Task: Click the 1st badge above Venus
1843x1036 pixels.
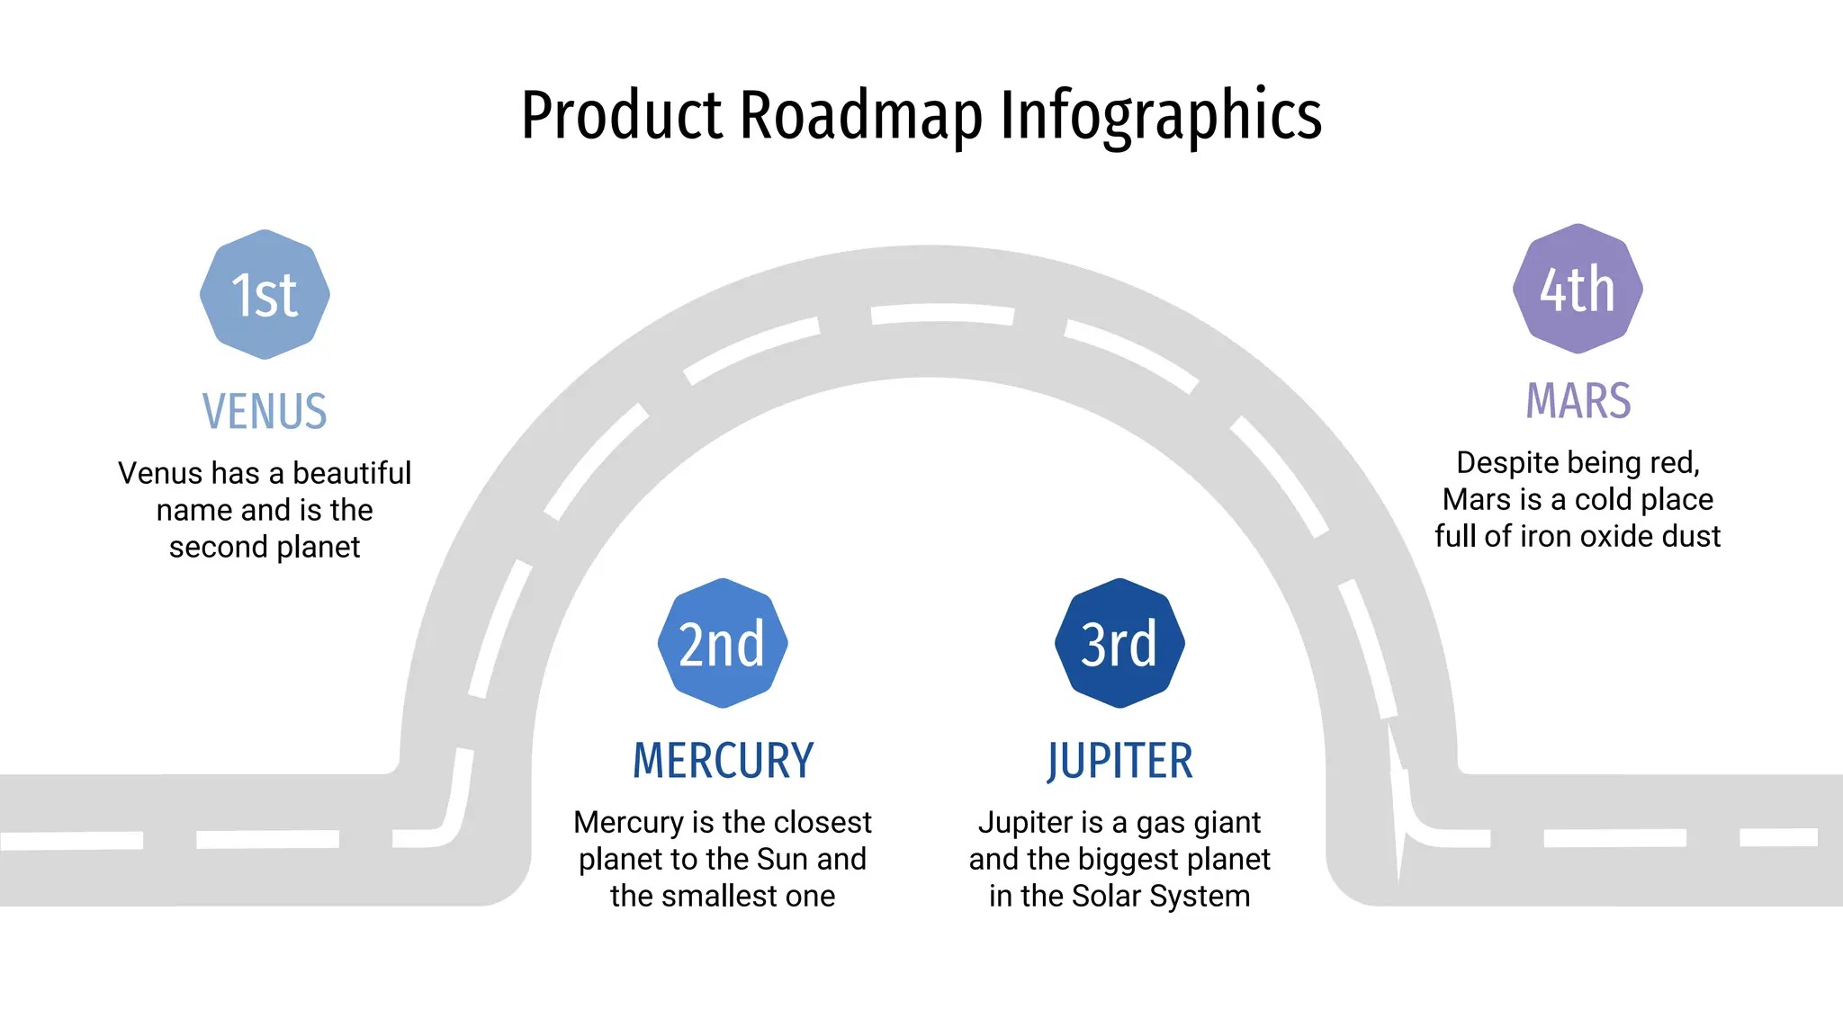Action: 265,294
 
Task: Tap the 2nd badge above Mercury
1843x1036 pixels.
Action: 723,643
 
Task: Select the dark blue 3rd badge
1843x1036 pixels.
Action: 1119,643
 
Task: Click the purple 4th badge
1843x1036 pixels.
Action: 1578,289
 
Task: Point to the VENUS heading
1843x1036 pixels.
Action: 265,412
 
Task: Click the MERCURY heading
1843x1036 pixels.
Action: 723,761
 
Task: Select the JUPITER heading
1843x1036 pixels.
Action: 1119,761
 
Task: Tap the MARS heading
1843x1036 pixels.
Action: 1578,401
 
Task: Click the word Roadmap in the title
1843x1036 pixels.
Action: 860,115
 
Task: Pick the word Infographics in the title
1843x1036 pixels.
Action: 1161,115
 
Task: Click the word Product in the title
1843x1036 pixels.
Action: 622,115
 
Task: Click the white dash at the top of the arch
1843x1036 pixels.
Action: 942,314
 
